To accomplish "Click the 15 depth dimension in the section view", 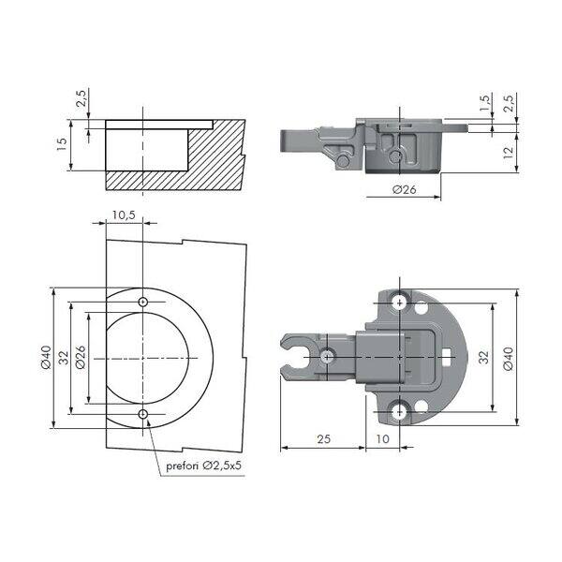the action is tap(62, 143).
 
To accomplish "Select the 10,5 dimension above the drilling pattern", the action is tap(124, 215).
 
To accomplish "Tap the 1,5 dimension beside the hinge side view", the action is tap(484, 103).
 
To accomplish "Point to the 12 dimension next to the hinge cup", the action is tap(509, 154).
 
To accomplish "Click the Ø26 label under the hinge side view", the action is tap(405, 189).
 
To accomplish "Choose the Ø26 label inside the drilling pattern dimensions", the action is tap(81, 358).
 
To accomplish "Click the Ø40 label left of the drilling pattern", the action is tap(46, 358).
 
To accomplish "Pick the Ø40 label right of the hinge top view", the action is tap(509, 359).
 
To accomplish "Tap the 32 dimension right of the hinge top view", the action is tap(484, 358).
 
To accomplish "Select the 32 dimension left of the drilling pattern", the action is tap(64, 358).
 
